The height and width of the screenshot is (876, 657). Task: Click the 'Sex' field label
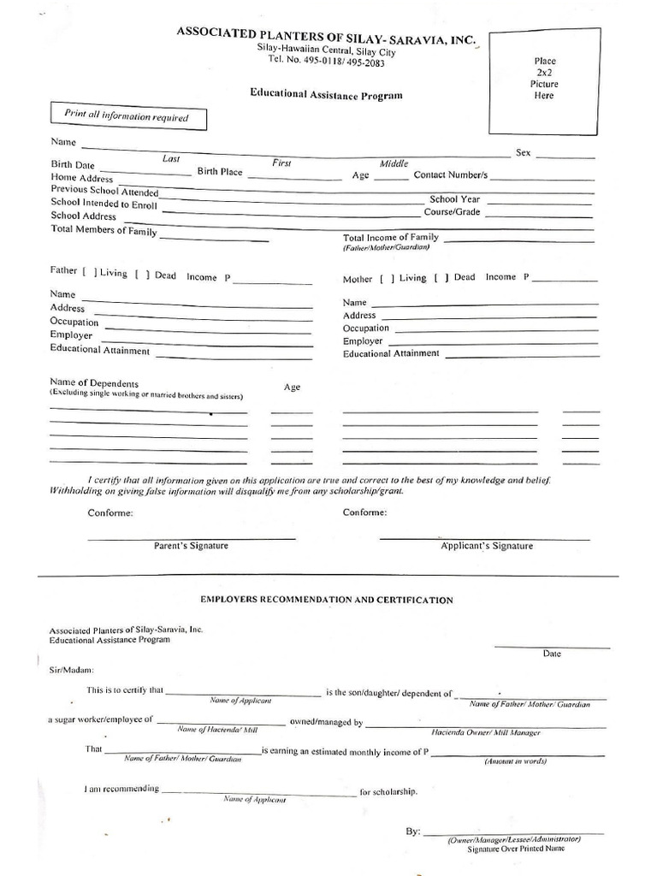pos(523,153)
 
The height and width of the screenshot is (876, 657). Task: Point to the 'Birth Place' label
pos(220,171)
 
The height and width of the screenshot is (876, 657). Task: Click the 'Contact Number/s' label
pos(450,175)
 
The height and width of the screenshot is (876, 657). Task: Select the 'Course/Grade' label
pos(452,211)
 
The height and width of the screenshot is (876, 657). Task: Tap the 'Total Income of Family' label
pos(390,237)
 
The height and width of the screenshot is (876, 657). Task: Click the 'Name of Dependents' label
pos(94,383)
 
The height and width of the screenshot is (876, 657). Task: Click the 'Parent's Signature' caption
pos(191,546)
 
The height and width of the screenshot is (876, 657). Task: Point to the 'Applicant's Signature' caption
pos(486,546)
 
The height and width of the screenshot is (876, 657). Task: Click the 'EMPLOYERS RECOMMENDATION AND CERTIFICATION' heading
pos(326,601)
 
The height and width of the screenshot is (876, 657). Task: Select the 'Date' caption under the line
pos(552,654)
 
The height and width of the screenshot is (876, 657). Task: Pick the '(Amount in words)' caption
pos(515,761)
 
